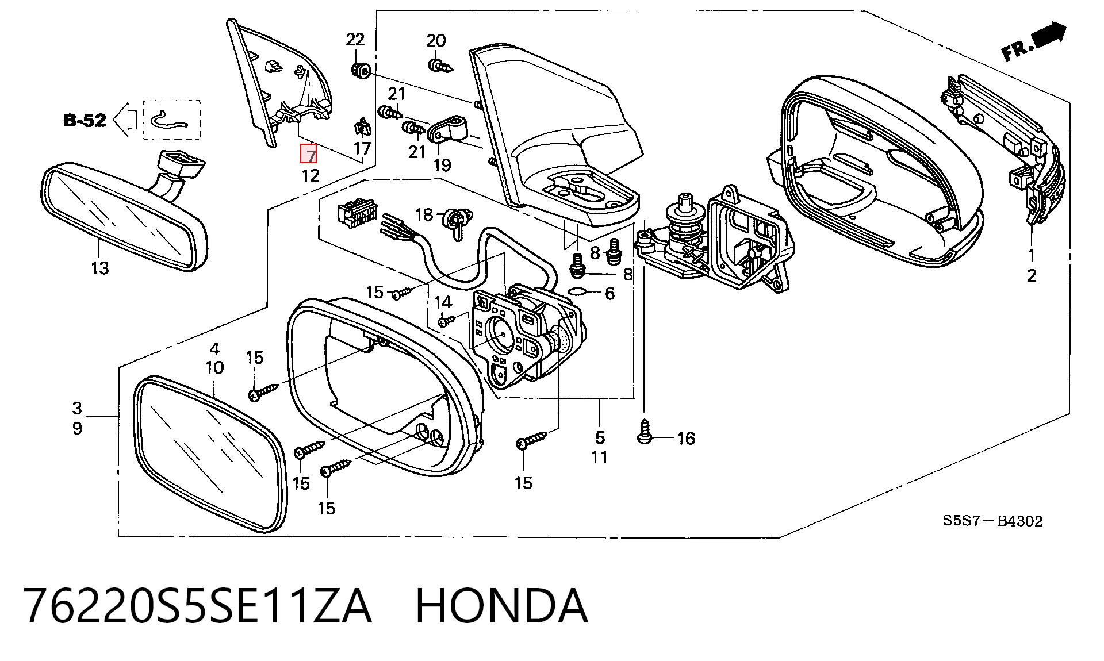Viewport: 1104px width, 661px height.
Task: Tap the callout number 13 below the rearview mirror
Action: pyautogui.click(x=99, y=268)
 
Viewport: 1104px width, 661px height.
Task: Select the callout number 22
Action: pyautogui.click(x=355, y=40)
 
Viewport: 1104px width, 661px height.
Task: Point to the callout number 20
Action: pyautogui.click(x=436, y=40)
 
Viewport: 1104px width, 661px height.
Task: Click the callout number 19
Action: pyautogui.click(x=442, y=165)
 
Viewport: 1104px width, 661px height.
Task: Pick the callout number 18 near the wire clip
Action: pyautogui.click(x=424, y=214)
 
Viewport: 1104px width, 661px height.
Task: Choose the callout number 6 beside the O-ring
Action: pyautogui.click(x=609, y=294)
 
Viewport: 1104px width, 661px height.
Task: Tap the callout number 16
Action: pyautogui.click(x=686, y=439)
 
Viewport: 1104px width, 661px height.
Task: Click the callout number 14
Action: pyautogui.click(x=443, y=302)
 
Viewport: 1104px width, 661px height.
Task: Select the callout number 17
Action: pyautogui.click(x=362, y=149)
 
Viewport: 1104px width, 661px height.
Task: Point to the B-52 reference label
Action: pyautogui.click(x=85, y=120)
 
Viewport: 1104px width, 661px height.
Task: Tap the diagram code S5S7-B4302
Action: pyautogui.click(x=992, y=521)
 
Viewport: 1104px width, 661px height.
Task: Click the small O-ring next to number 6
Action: pyautogui.click(x=578, y=291)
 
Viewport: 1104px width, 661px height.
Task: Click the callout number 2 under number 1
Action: pyautogui.click(x=1032, y=276)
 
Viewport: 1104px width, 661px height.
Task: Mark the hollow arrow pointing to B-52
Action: pyautogui.click(x=124, y=120)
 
